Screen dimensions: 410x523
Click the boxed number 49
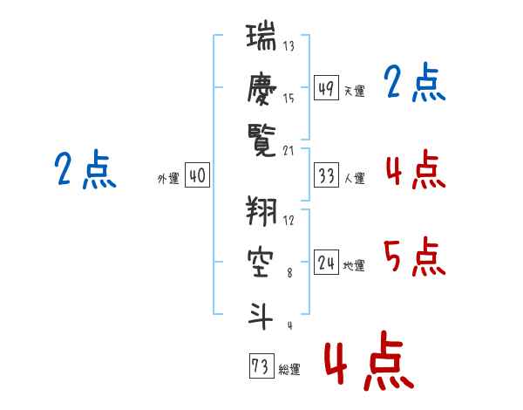pyautogui.click(x=326, y=88)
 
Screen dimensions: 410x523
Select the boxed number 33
pyautogui.click(x=326, y=176)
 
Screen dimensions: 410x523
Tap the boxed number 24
pyautogui.click(x=326, y=263)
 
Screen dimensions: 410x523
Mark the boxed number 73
pyautogui.click(x=260, y=366)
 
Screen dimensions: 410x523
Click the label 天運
pyautogui.click(x=354, y=91)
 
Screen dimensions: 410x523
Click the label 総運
pyautogui.click(x=289, y=369)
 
